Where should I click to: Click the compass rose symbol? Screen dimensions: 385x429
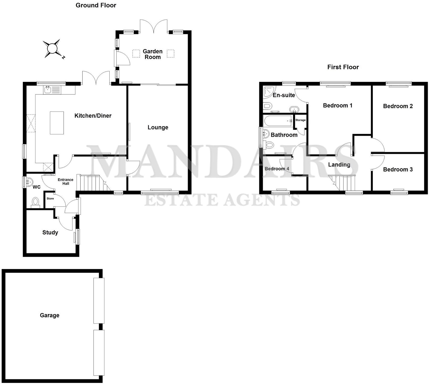pyautogui.click(x=52, y=49)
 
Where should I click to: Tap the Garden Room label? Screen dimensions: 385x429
pyautogui.click(x=153, y=54)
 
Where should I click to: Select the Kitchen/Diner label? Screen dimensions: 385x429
pyautogui.click(x=93, y=116)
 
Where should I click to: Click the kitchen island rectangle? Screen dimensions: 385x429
pyautogui.click(x=57, y=123)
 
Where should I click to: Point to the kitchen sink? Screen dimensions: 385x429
pyautogui.click(x=48, y=90)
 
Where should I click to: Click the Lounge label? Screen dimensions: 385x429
pyautogui.click(x=158, y=127)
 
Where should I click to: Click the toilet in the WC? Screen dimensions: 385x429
pyautogui.click(x=35, y=202)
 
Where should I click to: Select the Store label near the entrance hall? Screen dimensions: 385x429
pyautogui.click(x=50, y=199)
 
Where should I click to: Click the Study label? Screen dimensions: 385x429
pyautogui.click(x=50, y=232)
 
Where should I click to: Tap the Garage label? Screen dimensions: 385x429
pyautogui.click(x=50, y=315)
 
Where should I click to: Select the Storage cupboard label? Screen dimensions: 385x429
pyautogui.click(x=301, y=120)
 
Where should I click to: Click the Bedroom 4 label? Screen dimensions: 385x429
pyautogui.click(x=277, y=169)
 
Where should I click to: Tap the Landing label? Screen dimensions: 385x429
pyautogui.click(x=339, y=165)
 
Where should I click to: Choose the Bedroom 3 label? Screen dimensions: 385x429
pyautogui.click(x=398, y=169)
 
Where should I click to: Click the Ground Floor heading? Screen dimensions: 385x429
pyautogui.click(x=96, y=5)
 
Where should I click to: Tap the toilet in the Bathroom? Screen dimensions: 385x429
pyautogui.click(x=269, y=145)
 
